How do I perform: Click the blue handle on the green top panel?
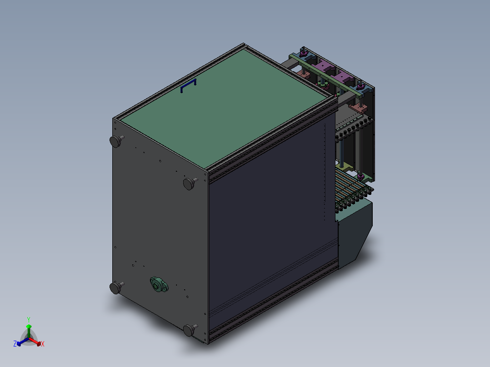coord(189,86)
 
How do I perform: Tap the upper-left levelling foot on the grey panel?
coord(116,141)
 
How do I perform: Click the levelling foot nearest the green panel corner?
coord(190,183)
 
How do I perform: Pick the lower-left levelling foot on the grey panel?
coord(116,287)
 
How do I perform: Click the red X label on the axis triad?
coord(43,344)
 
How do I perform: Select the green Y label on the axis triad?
coord(29,319)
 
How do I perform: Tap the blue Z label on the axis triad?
coord(15,344)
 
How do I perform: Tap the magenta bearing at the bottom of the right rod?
coord(360,175)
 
